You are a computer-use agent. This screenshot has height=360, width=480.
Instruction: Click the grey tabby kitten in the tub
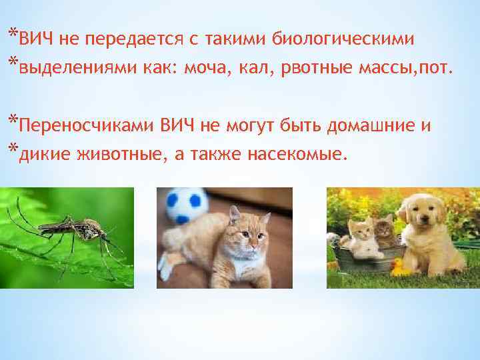click(383, 230)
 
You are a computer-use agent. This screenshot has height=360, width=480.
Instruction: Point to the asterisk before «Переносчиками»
click(13, 121)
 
